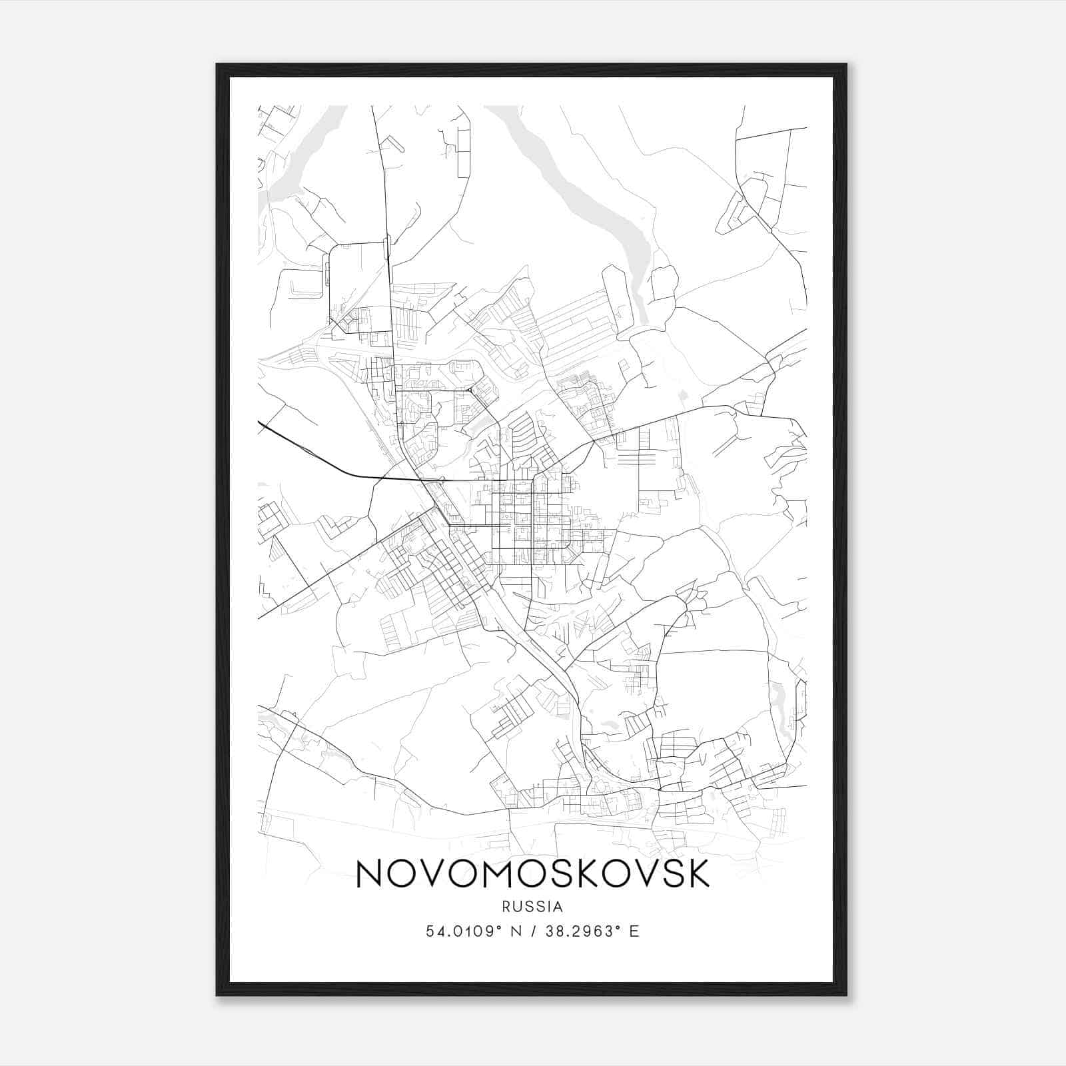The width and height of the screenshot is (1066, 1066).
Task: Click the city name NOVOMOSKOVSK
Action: (533, 873)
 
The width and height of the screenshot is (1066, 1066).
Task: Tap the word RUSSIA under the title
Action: (533, 907)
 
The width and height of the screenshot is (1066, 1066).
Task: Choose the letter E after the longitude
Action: (634, 931)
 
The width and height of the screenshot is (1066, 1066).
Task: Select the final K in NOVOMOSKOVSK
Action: (696, 873)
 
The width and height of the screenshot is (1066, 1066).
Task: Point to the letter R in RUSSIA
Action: (507, 907)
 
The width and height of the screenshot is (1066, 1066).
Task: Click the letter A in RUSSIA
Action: (558, 907)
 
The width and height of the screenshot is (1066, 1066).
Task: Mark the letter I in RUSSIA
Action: (548, 907)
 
